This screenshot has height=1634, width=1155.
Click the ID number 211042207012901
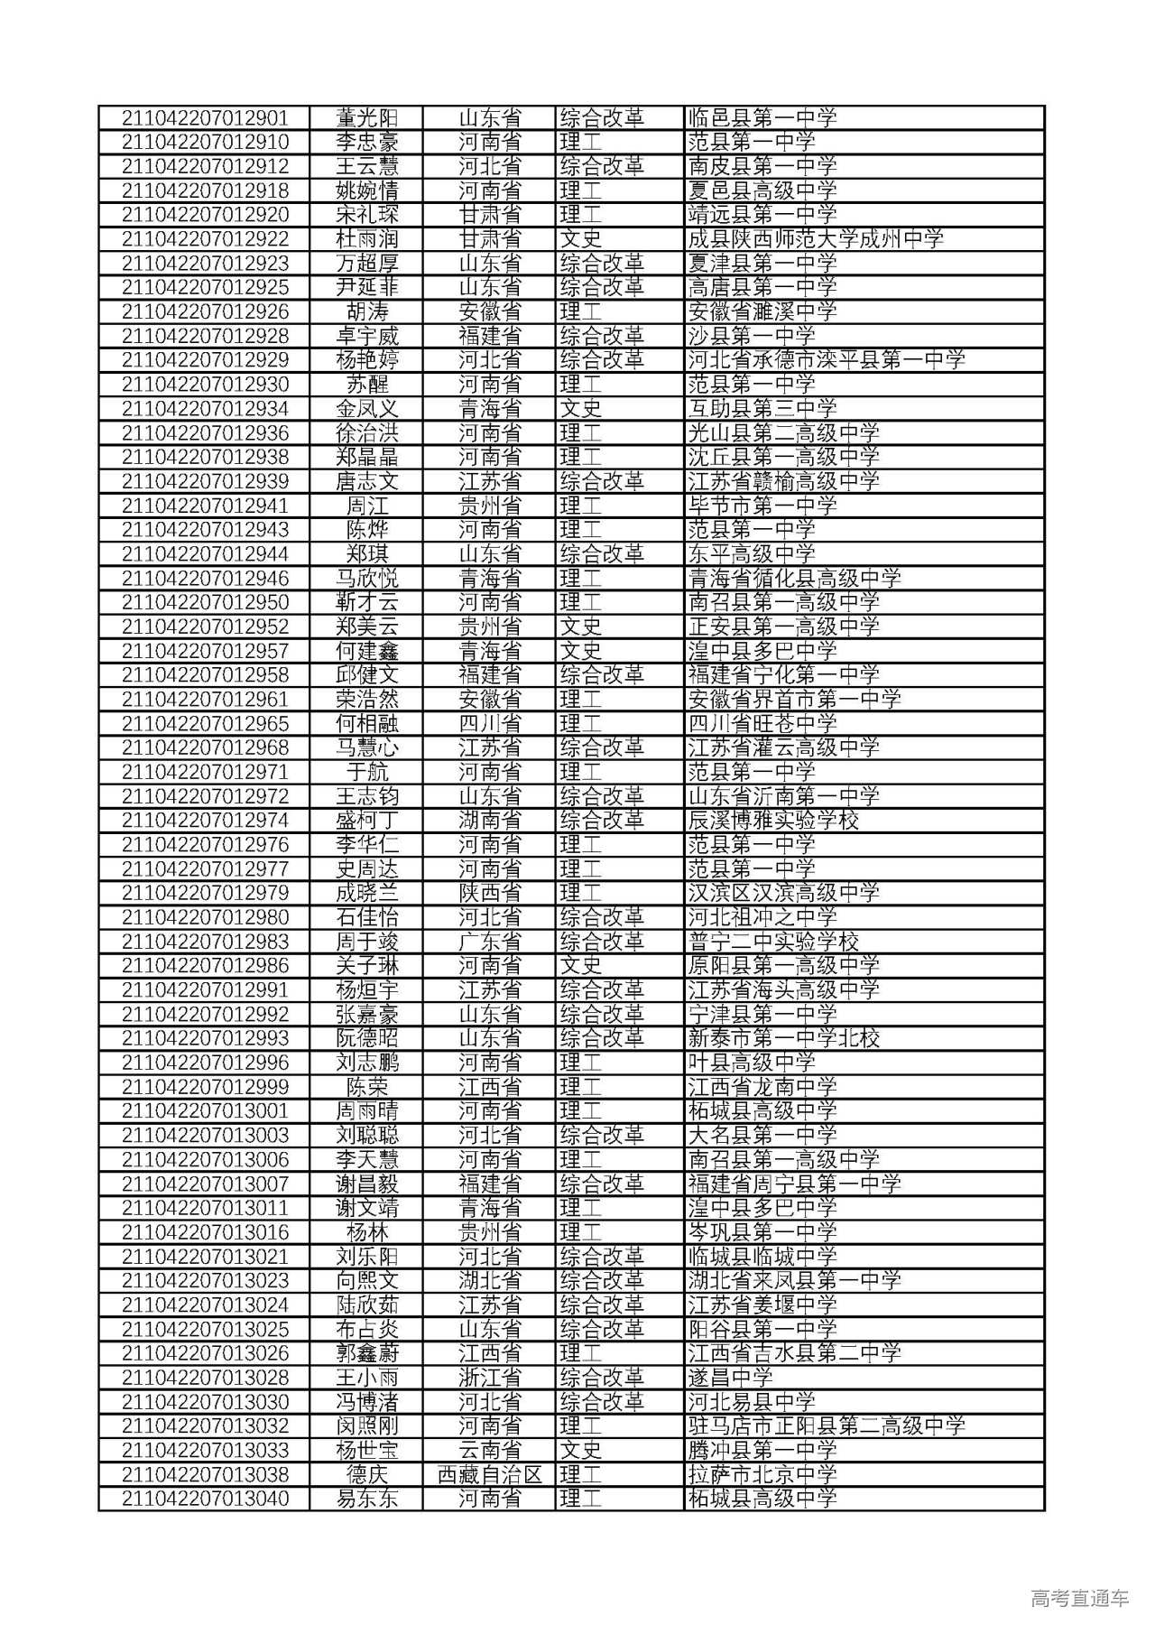[205, 118]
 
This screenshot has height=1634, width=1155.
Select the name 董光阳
[366, 118]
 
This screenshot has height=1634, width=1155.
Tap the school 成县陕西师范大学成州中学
[816, 239]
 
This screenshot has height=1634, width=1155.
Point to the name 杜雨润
[366, 239]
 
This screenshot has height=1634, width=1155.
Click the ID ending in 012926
[205, 311]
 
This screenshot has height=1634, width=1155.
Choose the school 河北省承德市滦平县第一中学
[827, 360]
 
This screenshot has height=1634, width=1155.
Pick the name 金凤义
[366, 409]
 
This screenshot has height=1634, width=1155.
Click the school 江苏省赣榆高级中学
[783, 481]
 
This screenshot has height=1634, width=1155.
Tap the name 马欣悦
[366, 578]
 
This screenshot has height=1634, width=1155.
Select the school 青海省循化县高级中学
[794, 578]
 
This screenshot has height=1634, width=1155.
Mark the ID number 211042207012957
[205, 651]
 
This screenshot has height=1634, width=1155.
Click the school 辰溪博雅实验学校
[773, 821]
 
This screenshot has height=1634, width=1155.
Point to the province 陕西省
[489, 893]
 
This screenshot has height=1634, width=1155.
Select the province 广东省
[489, 942]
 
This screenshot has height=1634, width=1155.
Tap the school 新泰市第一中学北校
[783, 1038]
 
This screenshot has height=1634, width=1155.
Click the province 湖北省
[489, 1280]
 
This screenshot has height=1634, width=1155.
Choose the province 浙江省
[489, 1378]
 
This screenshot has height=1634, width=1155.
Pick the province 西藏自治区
[489, 1474]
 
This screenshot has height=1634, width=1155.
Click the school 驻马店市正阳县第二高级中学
[827, 1426]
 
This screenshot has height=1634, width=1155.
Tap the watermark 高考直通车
[1079, 1598]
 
